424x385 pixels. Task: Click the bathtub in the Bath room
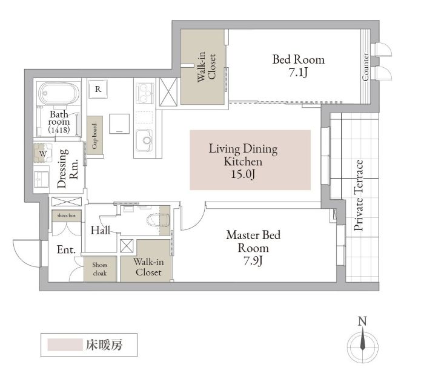59,93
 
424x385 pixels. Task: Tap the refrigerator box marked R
98,89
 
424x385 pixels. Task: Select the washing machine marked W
43,153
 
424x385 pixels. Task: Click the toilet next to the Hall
158,220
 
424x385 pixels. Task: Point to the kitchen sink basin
144,140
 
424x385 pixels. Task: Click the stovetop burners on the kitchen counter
144,93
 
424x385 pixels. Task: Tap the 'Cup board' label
94,136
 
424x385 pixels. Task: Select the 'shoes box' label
66,216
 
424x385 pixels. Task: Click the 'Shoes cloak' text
100,269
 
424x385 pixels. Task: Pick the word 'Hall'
101,231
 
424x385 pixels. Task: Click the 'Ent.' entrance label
66,249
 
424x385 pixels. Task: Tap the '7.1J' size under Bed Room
298,73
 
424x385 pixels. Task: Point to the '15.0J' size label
243,174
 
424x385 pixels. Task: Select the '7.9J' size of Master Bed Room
253,261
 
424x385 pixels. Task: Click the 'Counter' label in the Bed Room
365,67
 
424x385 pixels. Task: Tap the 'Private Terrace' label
359,195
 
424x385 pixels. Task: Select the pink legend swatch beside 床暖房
65,344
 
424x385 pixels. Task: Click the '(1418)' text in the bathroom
59,130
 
